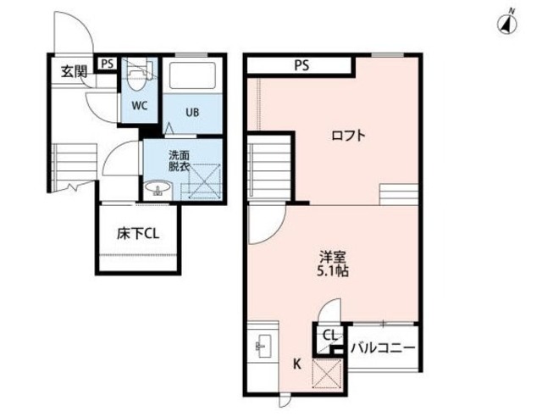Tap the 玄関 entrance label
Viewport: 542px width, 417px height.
tap(73, 72)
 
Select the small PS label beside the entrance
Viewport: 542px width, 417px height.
tap(108, 63)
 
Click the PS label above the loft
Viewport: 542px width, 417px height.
tap(301, 64)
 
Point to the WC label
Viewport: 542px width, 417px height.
tap(140, 108)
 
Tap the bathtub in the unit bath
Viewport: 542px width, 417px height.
tap(194, 75)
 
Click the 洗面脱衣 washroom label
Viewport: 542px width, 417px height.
tap(179, 161)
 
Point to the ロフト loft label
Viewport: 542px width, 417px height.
tap(348, 135)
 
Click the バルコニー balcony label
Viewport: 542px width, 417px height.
tap(383, 348)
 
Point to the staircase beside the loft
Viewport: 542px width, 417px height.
tap(270, 169)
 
